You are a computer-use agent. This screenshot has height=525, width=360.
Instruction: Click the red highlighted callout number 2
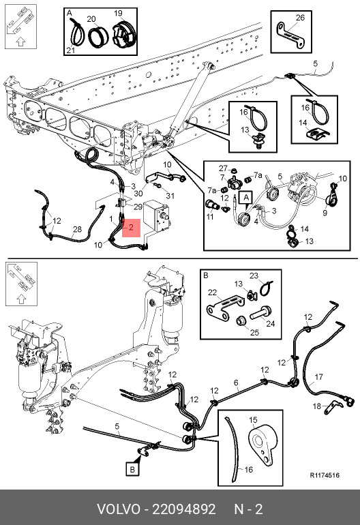click(x=132, y=228)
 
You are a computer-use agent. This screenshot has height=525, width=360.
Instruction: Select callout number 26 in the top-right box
click(x=300, y=18)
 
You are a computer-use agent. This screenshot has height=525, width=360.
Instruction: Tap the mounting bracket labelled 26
click(x=290, y=35)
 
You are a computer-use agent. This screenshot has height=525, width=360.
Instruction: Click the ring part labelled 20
click(x=98, y=36)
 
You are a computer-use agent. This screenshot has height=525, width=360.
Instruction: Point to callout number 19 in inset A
click(x=118, y=14)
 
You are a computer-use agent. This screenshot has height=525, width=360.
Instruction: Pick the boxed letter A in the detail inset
click(x=246, y=198)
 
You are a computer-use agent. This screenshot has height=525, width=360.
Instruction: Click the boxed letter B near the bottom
click(x=132, y=469)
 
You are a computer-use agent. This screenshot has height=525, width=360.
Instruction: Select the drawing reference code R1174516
click(x=325, y=475)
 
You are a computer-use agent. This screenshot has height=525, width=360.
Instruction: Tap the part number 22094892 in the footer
click(x=184, y=509)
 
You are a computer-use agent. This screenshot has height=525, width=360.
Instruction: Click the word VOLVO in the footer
click(x=119, y=509)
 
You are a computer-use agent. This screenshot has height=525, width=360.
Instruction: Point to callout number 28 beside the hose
click(x=77, y=229)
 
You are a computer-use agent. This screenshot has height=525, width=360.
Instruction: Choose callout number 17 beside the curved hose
click(x=318, y=377)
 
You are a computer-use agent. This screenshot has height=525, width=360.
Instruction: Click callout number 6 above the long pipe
click(x=236, y=382)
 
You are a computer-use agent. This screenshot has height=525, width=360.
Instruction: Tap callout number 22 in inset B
click(x=212, y=292)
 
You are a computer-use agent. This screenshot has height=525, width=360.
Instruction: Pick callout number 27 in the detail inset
click(x=224, y=168)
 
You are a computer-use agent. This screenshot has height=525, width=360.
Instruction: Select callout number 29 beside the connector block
click(x=138, y=207)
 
